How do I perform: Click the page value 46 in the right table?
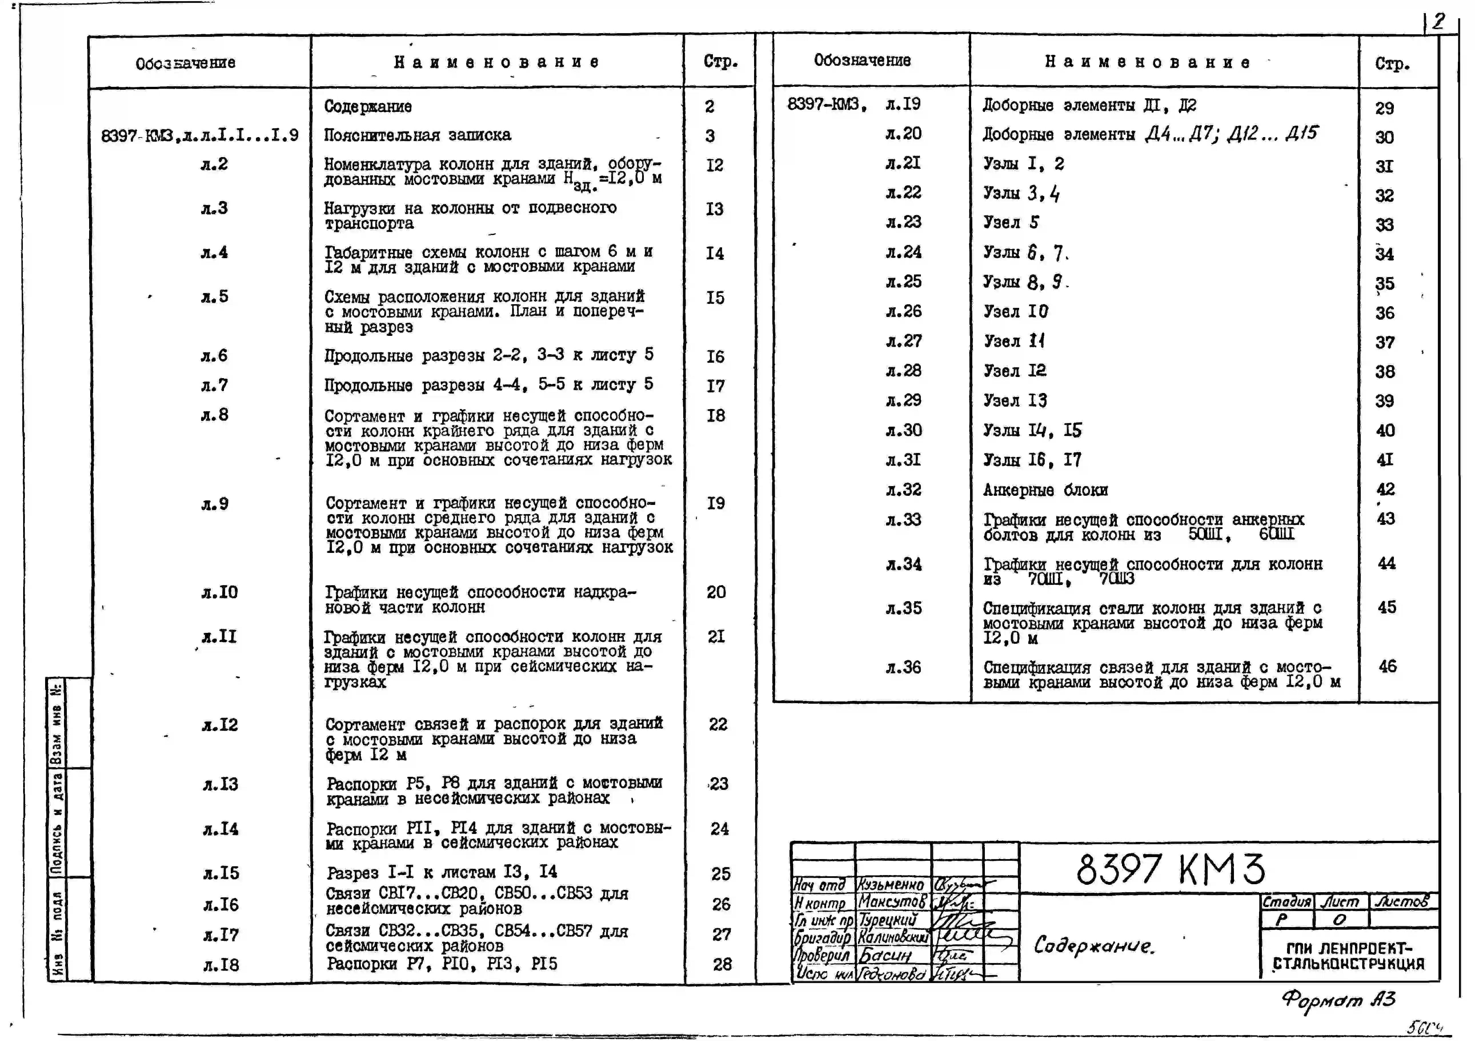1388,667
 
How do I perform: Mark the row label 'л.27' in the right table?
903,341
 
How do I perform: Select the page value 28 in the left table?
722,964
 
